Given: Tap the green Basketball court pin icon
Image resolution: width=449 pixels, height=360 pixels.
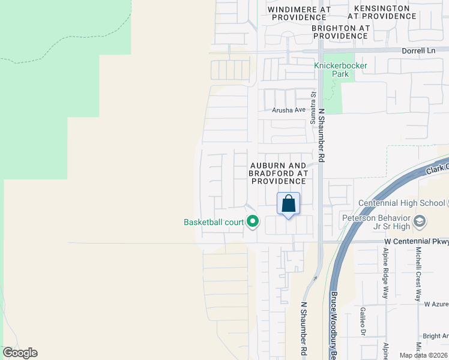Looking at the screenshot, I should pos(253,222).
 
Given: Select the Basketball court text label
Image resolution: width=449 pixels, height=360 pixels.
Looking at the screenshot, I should pos(214,222).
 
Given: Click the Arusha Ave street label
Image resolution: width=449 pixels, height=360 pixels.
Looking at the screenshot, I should pos(288,110).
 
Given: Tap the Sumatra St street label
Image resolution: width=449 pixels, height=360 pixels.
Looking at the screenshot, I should pos(313,109).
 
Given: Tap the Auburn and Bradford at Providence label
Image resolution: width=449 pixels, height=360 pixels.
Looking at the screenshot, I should pos(278,173).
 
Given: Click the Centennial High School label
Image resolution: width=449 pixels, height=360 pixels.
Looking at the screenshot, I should pos(401,203).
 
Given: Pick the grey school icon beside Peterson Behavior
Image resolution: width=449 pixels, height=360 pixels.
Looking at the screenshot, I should pos(420,222).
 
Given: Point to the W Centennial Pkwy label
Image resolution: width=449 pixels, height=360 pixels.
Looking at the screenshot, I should pos(416,242).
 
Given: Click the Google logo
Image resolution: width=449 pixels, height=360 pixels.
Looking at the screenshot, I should pos(20,353).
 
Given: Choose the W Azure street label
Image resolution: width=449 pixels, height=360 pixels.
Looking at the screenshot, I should pos(436,304).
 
